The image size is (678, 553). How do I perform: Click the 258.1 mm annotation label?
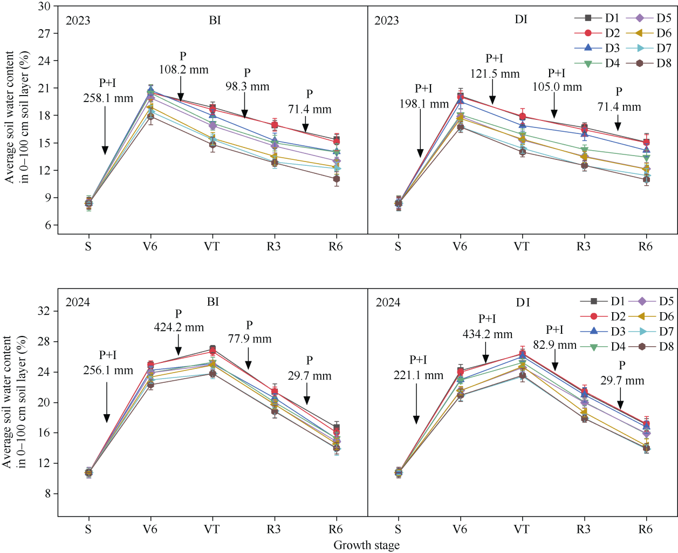pos(108,98)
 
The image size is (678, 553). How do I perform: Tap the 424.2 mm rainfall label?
pos(179,327)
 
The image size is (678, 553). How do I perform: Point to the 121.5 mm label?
pos(495,74)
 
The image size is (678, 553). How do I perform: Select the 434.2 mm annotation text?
pos(487,334)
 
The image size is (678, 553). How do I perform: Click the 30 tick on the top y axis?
pos(45,6)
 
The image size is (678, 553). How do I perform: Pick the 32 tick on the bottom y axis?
pos(45,311)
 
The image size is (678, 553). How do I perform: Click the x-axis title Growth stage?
pos(366,545)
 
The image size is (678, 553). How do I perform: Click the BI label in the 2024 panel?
pos(213,302)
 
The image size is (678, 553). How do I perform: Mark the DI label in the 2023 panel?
pos(521,19)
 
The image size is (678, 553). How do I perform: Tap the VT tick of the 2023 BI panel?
pos(212,246)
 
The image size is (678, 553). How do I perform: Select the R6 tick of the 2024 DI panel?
pos(646,529)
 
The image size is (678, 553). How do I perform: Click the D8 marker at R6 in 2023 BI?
pos(336,179)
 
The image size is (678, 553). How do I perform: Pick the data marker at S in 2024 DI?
pos(398,473)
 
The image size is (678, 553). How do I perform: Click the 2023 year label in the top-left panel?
pos(78,21)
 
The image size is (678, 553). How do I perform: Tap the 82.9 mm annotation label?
pos(554,345)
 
